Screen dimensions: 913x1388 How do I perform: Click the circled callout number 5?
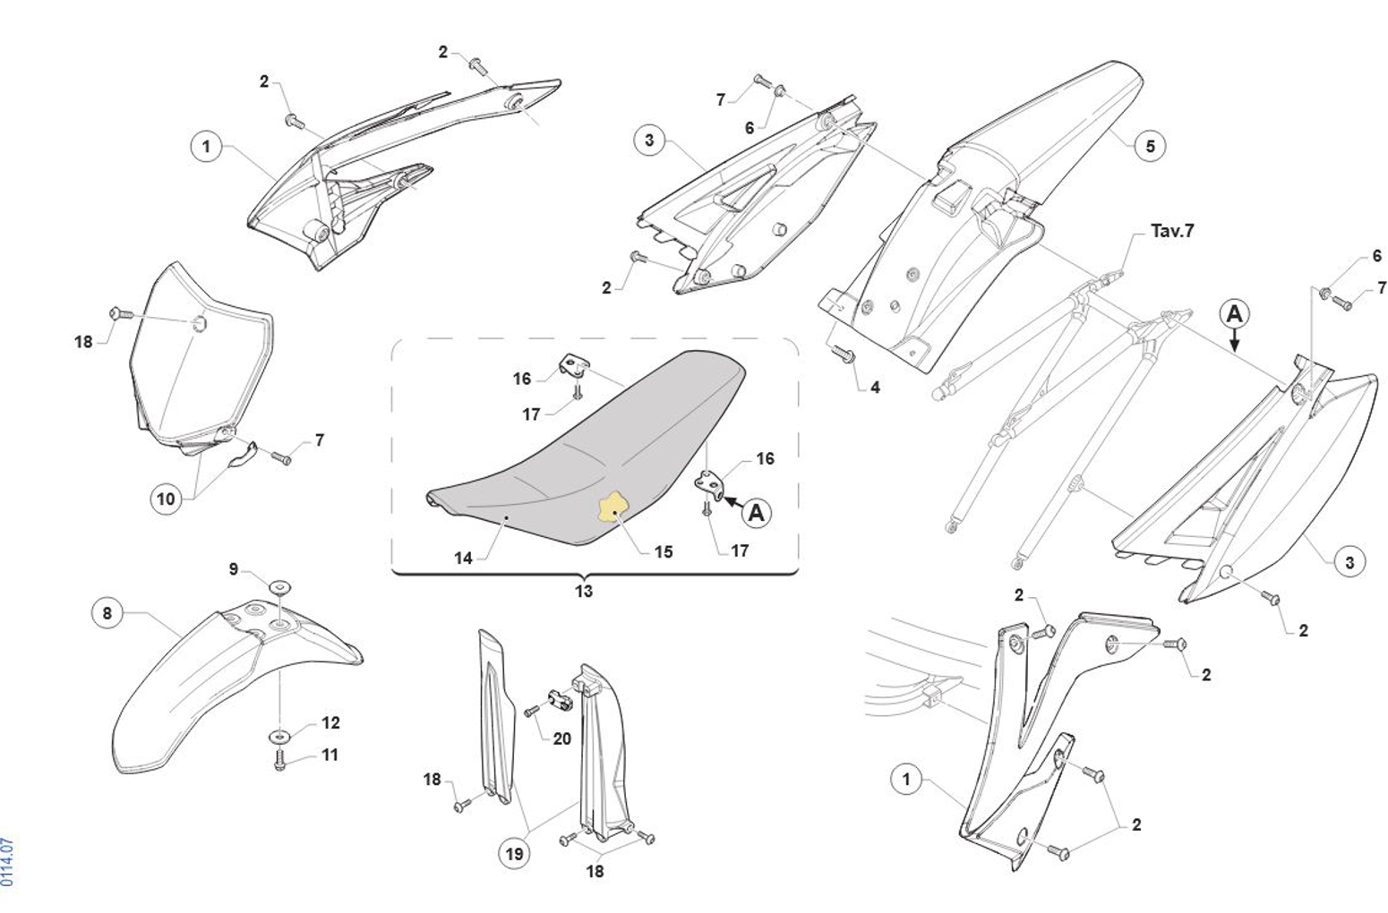pos(1150,145)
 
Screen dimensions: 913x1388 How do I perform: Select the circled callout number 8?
pos(107,613)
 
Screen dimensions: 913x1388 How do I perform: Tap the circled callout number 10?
pos(167,499)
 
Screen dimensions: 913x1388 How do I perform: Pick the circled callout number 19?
pos(514,854)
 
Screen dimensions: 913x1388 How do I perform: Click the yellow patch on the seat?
pos(614,508)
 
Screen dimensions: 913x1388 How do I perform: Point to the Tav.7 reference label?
pos(1172,231)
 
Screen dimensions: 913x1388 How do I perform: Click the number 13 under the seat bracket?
pos(584,591)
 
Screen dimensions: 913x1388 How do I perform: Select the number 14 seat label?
pos(463,558)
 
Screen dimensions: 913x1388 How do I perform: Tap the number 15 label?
pos(663,551)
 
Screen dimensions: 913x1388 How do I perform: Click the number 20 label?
pos(561,738)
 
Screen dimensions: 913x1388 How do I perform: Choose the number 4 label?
pos(875,388)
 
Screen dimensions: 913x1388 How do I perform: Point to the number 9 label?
pos(234,569)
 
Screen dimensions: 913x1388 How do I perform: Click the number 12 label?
pos(330,722)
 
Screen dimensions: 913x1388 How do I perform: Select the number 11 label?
pos(330,755)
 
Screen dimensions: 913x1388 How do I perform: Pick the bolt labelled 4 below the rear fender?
pos(844,355)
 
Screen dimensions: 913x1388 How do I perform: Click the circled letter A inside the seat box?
pos(758,513)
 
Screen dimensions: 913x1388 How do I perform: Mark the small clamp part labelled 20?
pos(560,699)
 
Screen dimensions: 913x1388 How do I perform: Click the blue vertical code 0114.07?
pos(8,862)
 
